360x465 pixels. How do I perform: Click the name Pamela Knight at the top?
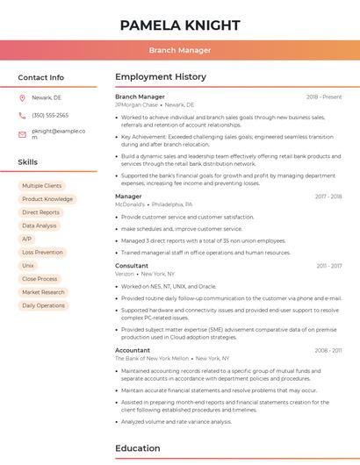(x=179, y=25)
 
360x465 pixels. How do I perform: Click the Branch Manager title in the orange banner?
(x=179, y=50)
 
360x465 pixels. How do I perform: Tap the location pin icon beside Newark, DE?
(x=22, y=98)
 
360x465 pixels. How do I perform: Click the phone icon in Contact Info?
(x=22, y=116)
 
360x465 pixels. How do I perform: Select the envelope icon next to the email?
(x=22, y=133)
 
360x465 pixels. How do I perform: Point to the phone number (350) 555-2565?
(x=50, y=116)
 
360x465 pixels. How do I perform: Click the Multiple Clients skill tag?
(x=41, y=186)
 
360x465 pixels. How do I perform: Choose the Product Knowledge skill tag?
(x=47, y=199)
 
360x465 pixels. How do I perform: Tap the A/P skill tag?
(x=26, y=239)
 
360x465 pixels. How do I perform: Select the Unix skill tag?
(x=28, y=265)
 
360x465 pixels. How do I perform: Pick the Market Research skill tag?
(x=43, y=292)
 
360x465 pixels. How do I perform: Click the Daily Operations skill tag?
(x=43, y=305)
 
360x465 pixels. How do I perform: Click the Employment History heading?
(x=161, y=77)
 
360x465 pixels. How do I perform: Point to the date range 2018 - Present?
(x=324, y=97)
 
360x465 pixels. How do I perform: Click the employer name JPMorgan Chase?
(x=135, y=104)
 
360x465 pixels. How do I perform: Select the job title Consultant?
(x=132, y=265)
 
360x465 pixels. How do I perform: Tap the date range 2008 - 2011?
(x=328, y=350)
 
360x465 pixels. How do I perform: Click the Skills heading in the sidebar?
(x=28, y=162)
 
